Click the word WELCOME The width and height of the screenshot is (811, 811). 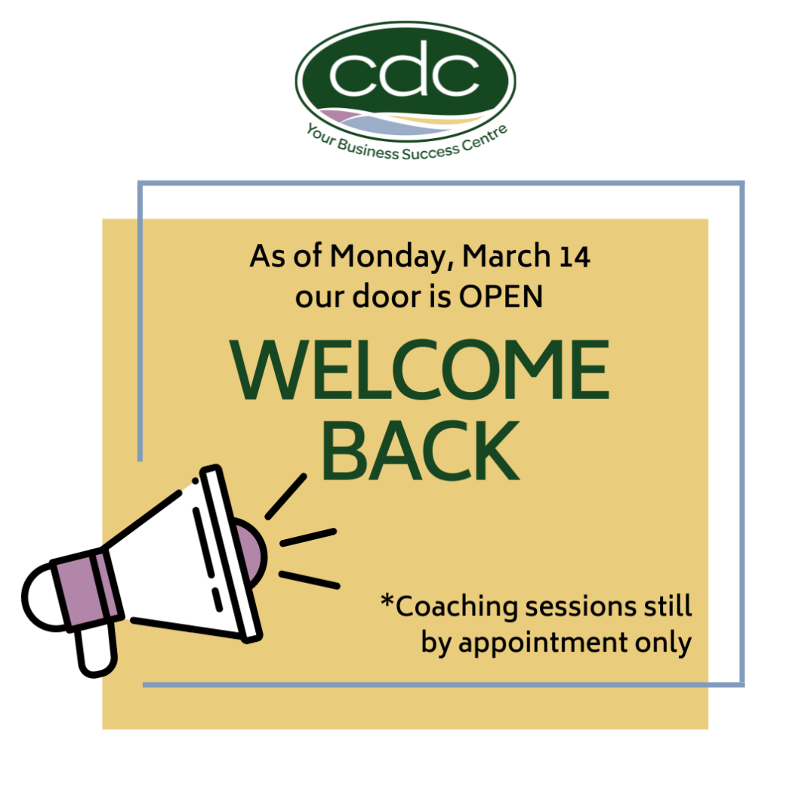[419, 370]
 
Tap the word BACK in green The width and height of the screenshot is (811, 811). [421, 451]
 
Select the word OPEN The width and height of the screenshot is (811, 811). [501, 297]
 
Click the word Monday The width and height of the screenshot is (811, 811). [392, 257]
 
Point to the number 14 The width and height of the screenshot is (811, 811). [575, 257]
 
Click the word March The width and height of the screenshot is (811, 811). [507, 255]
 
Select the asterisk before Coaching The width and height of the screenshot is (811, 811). [387, 602]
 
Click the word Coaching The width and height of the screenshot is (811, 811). [457, 607]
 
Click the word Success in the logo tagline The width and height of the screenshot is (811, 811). [430, 152]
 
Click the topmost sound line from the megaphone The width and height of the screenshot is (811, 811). [286, 496]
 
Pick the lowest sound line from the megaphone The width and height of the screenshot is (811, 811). [310, 580]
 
